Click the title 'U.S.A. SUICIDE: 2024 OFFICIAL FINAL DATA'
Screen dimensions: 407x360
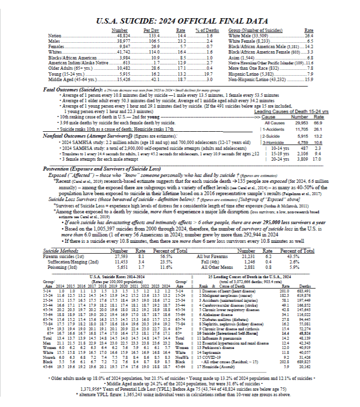coord(179,22)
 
